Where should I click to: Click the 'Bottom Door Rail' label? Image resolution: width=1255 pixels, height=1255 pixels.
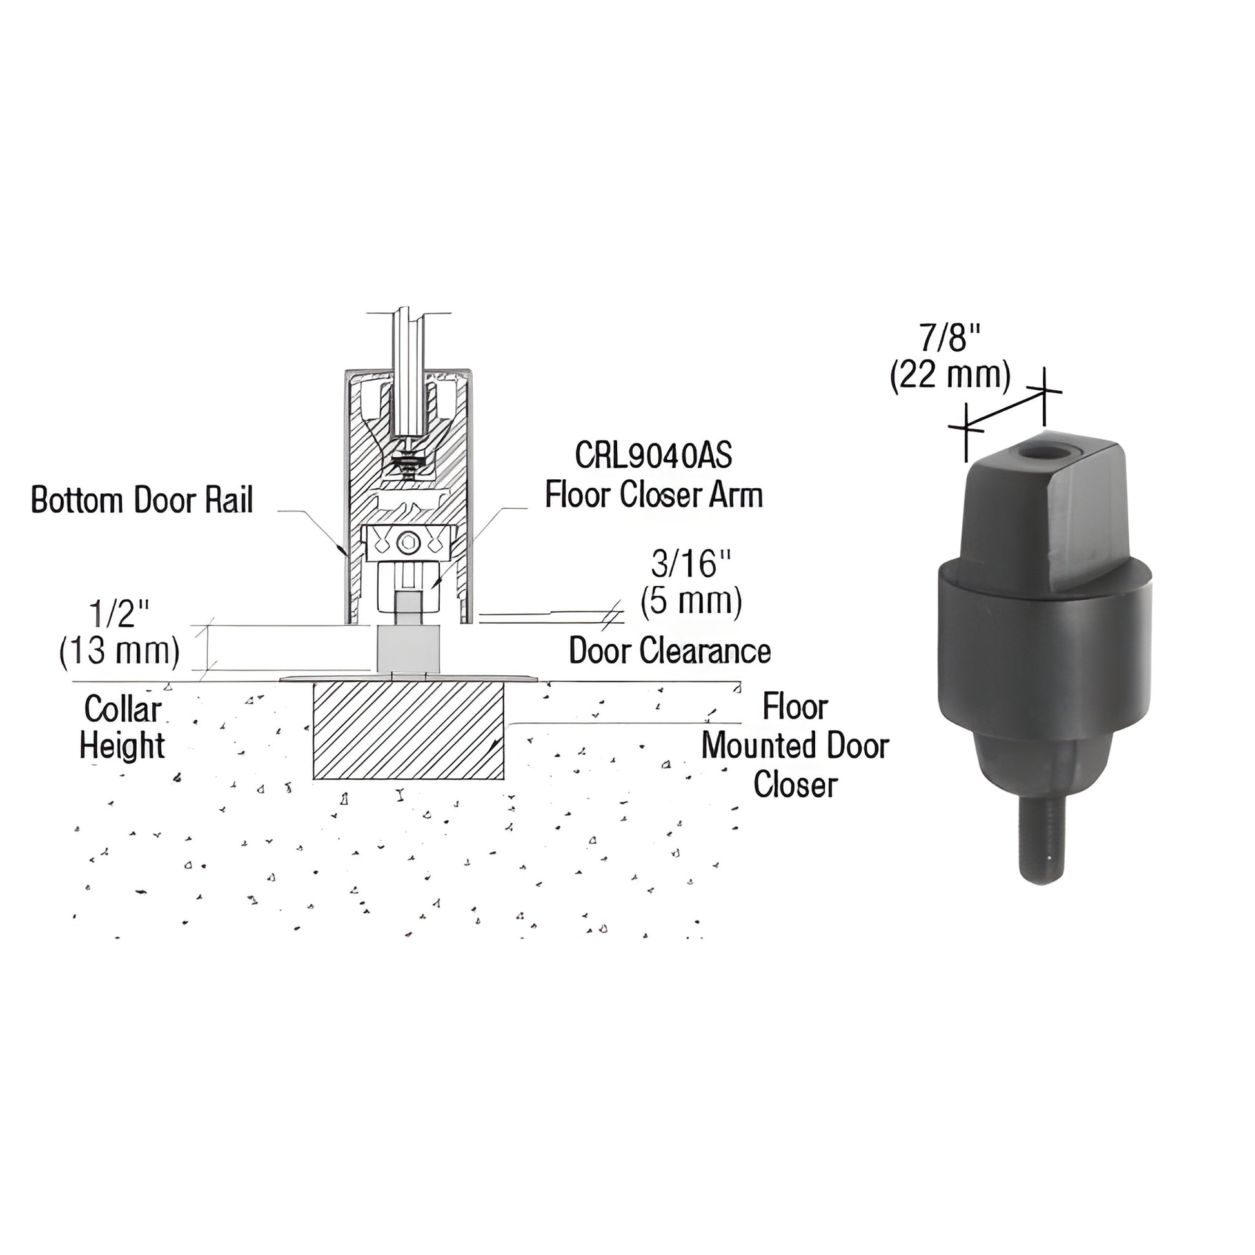[x=142, y=501]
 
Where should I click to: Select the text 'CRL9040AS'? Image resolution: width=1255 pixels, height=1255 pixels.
[x=653, y=456]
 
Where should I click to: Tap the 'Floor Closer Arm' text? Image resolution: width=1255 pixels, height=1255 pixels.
[x=653, y=495]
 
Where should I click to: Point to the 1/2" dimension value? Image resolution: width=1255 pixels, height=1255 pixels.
[x=119, y=613]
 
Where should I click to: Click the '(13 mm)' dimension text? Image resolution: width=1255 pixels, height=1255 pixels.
[x=119, y=650]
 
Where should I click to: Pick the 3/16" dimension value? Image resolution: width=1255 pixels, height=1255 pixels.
[x=691, y=564]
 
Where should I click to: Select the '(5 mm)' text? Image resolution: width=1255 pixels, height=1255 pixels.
[x=691, y=602]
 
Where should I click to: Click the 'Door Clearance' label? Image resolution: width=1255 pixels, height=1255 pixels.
[x=669, y=651]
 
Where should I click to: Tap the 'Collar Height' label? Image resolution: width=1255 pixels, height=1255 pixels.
[x=122, y=727]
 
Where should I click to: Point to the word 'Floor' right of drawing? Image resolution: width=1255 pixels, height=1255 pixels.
[x=795, y=707]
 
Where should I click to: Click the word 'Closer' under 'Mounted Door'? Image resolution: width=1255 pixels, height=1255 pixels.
[x=795, y=784]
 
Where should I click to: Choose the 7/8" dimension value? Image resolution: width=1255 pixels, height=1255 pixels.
[x=949, y=338]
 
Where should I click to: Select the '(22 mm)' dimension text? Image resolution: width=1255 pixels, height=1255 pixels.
[x=951, y=375]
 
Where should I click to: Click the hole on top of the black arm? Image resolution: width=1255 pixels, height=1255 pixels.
[x=1038, y=453]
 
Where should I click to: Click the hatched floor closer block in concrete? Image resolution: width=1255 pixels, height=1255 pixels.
[x=409, y=730]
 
